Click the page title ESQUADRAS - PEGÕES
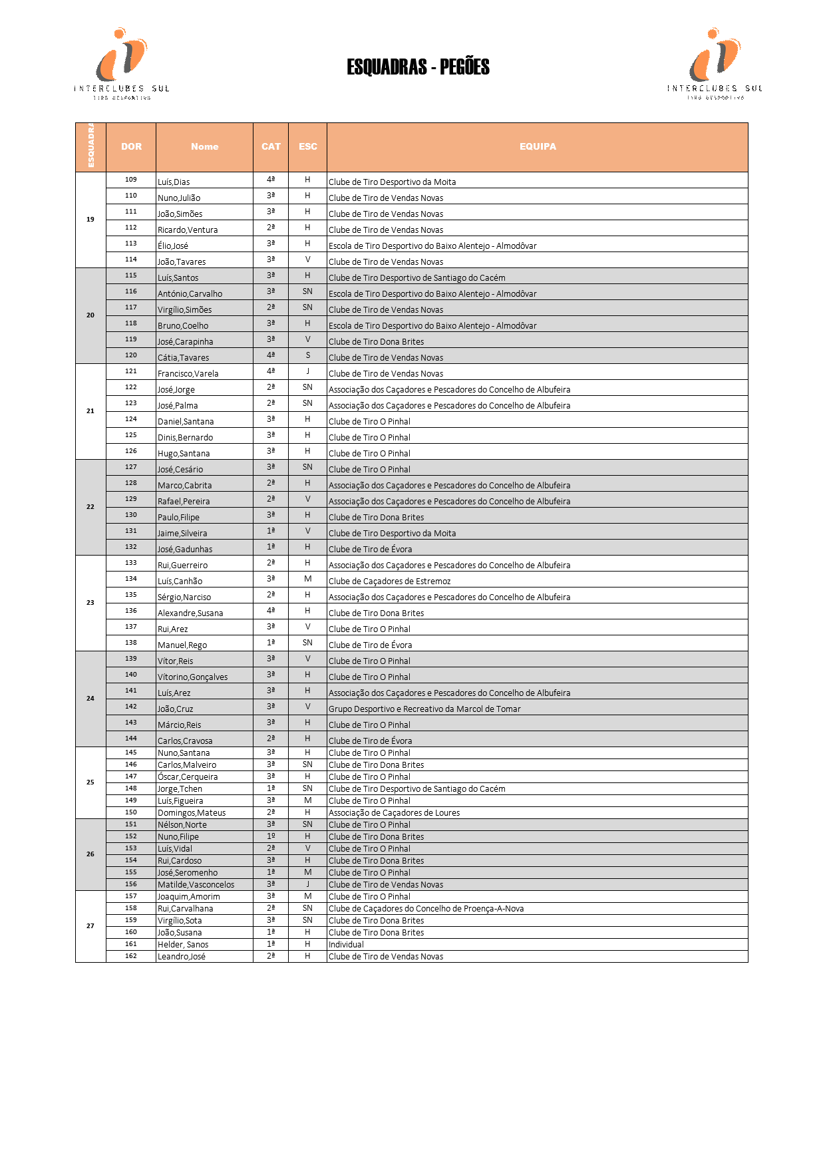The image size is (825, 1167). [418, 67]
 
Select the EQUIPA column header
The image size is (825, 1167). [538, 147]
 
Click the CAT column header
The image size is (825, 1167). [271, 147]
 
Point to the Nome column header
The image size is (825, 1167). [204, 147]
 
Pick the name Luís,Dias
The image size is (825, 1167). [174, 182]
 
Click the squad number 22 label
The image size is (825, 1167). [90, 507]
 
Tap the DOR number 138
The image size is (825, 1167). [131, 643]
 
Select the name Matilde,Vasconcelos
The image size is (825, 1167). [196, 885]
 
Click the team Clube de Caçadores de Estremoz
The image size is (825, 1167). [389, 582]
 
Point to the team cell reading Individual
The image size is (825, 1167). [346, 945]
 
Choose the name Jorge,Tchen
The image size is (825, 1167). [180, 789]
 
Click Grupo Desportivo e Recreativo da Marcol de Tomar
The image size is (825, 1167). [424, 709]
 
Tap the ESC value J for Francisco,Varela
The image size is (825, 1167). [307, 371]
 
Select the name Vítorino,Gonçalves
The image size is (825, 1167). [192, 677]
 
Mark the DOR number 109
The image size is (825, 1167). [131, 180]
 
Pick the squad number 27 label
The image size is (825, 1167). [90, 926]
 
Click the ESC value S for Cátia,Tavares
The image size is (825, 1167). [307, 355]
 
